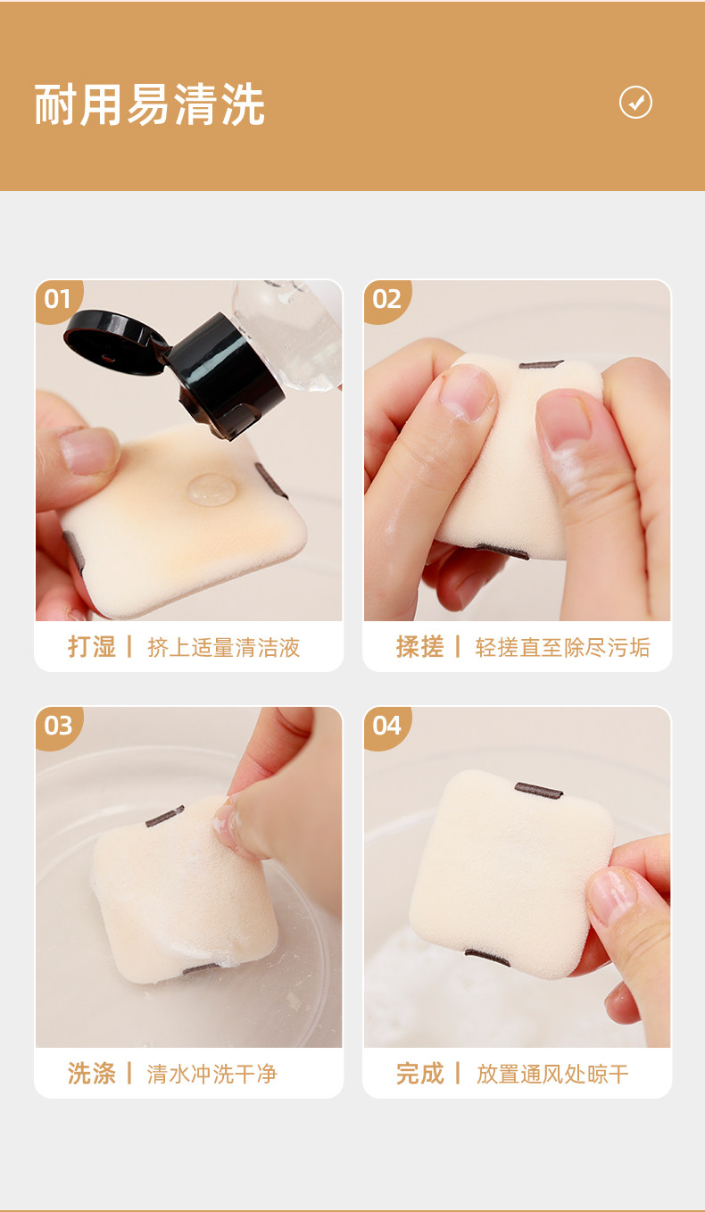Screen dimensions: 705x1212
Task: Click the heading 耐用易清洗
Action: tap(150, 105)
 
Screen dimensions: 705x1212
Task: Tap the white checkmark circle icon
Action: tap(635, 102)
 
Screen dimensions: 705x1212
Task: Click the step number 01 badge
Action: tap(58, 300)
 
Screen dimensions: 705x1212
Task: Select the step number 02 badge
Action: tap(386, 300)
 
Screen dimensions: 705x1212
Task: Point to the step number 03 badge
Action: tap(58, 726)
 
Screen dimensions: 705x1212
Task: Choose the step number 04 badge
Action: tap(386, 726)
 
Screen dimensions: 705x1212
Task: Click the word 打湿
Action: tap(91, 646)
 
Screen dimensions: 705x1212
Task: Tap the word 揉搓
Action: tap(419, 646)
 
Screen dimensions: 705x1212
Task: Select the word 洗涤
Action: tap(91, 1073)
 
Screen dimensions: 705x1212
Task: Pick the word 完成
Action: tap(419, 1073)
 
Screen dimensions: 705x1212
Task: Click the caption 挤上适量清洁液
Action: tap(223, 647)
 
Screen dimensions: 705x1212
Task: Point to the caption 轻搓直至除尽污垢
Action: tap(562, 647)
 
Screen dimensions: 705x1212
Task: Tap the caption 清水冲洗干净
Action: tap(212, 1074)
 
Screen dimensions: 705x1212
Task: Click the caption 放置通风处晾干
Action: tap(552, 1074)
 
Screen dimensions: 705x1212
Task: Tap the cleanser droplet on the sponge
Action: tap(211, 488)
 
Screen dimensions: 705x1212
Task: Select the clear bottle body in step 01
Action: tap(289, 333)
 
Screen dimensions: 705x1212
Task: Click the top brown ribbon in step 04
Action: tap(538, 791)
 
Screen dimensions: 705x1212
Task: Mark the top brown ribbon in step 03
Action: tap(165, 816)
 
